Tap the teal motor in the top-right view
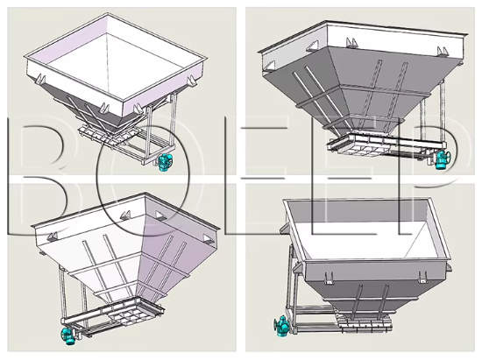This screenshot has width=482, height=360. [443, 159]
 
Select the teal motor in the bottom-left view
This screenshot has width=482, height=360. [67, 335]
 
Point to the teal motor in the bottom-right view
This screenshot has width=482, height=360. [281, 326]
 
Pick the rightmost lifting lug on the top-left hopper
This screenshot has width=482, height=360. [192, 81]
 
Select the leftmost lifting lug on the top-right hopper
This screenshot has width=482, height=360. [270, 67]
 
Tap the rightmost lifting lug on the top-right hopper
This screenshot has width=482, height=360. [443, 52]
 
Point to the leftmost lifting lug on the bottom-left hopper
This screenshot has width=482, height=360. [52, 236]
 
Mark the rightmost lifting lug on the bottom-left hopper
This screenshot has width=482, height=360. [208, 238]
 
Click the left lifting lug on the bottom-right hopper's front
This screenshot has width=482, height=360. [329, 278]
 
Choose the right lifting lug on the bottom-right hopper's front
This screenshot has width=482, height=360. [423, 278]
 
